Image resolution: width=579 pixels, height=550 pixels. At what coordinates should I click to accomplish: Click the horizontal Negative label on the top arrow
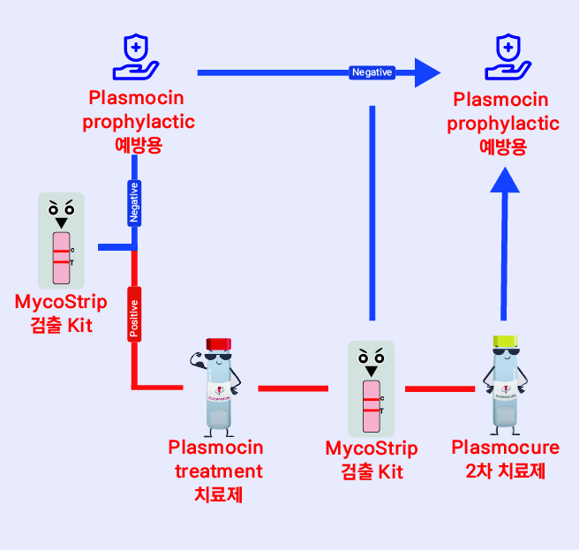coord(372,72)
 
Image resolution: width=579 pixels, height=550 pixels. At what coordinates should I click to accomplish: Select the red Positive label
coord(134,313)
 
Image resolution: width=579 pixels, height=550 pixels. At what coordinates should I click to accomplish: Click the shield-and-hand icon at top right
coord(506,56)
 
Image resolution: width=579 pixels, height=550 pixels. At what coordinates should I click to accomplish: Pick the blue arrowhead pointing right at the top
coord(428,72)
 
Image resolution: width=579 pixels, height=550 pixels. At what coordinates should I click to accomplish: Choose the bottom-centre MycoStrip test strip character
coord(372,388)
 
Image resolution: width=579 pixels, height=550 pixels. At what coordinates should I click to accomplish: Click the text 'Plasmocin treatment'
coord(215,459)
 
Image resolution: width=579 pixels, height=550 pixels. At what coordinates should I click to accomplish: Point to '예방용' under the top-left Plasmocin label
coord(139,145)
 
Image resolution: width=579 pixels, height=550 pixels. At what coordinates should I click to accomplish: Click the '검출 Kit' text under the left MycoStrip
coord(61,327)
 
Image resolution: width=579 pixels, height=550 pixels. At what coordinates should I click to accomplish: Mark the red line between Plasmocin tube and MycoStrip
coord(293,388)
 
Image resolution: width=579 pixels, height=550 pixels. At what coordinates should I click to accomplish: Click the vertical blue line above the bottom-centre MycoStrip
coord(372,212)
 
